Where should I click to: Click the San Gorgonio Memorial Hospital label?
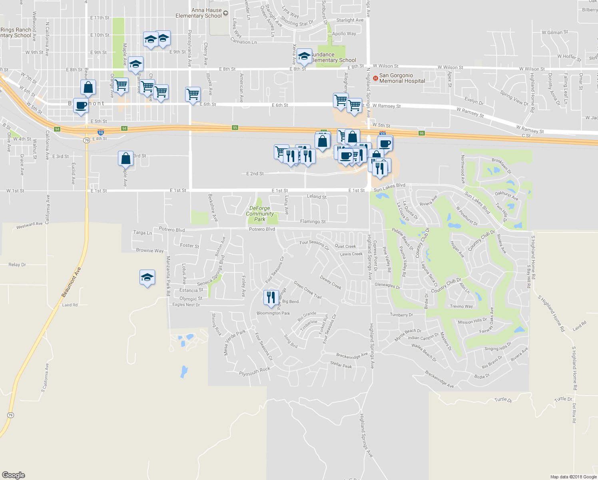point(402,78)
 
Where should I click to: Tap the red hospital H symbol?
point(375,78)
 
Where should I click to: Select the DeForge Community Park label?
point(260,214)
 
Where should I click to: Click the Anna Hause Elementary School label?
point(199,13)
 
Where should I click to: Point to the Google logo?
point(13,475)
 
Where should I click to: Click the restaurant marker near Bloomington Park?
point(271,298)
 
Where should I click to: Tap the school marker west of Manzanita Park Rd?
point(147,277)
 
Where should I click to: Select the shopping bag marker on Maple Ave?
point(126,158)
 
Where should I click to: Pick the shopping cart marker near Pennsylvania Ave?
point(193,94)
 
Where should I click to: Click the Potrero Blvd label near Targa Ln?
point(172,230)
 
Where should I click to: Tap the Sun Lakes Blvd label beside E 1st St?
point(389,187)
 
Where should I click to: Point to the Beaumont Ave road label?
point(71,282)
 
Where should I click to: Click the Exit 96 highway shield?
point(422,133)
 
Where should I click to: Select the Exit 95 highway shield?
point(235,128)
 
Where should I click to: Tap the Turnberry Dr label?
point(401,315)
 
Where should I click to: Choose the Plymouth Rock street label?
point(255,371)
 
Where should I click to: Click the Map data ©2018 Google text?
point(574,477)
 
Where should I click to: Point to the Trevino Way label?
point(461,306)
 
